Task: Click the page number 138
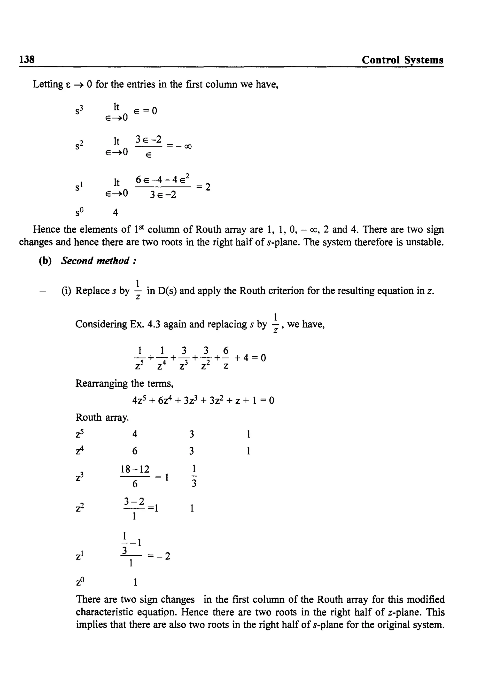tap(27, 59)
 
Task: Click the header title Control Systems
tap(402, 60)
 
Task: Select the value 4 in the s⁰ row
tap(115, 213)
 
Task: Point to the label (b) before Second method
tap(45, 261)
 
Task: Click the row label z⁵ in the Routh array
tap(80, 434)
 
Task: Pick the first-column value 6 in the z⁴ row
tap(135, 451)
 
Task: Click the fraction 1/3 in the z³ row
tap(194, 476)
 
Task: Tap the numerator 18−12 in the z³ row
tap(135, 469)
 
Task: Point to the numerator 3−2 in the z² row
tap(134, 501)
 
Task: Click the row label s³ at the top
tap(79, 111)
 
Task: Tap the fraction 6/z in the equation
tap(225, 358)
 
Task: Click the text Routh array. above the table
tap(102, 417)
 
